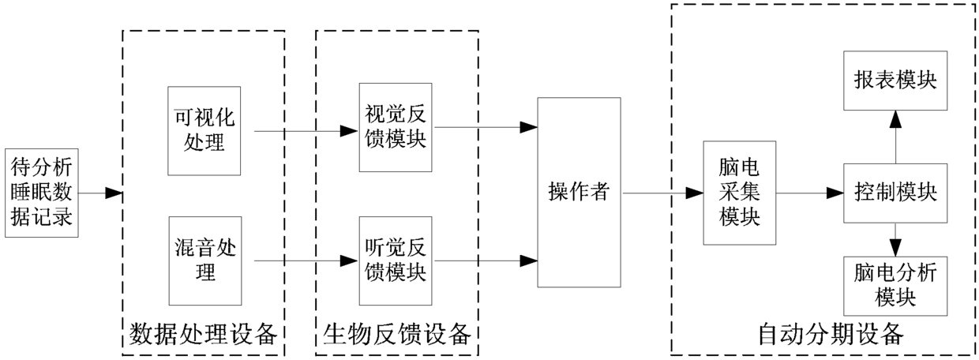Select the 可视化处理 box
(x=204, y=130)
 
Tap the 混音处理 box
(x=204, y=261)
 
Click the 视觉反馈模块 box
(x=396, y=127)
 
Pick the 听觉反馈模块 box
(x=396, y=261)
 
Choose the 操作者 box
(x=579, y=192)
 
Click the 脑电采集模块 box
(x=740, y=192)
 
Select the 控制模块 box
(x=895, y=192)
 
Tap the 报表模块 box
(x=895, y=81)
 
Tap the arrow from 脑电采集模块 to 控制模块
(x=809, y=192)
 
